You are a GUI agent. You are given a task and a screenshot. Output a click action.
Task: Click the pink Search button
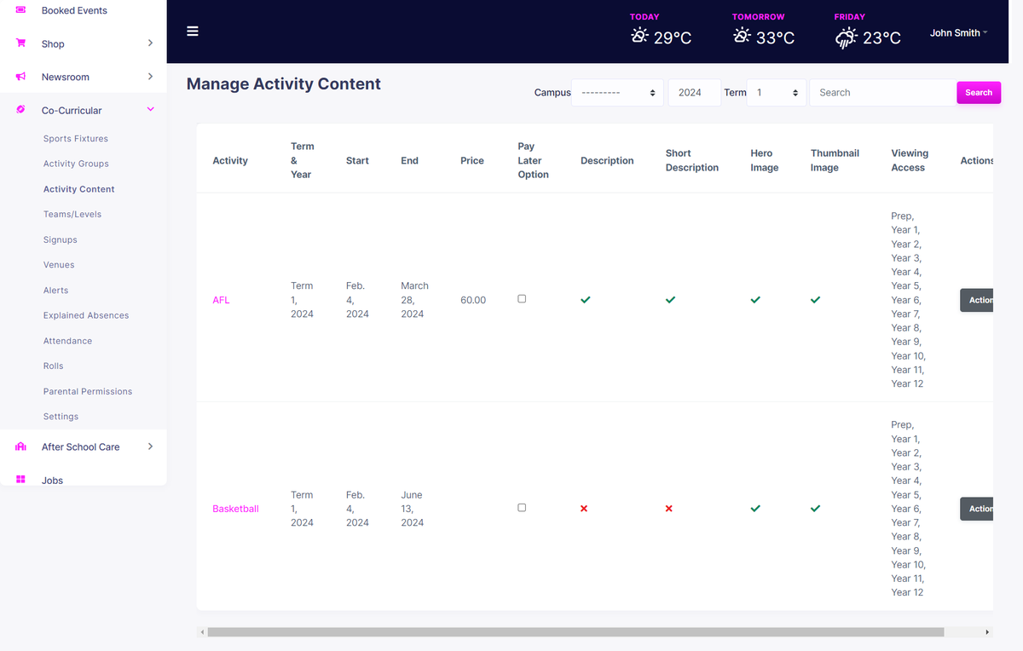978,93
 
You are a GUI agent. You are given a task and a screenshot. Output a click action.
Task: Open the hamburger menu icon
193,32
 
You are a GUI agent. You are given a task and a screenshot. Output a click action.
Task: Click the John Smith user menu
958,33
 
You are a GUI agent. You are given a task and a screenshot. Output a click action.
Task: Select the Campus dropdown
617,93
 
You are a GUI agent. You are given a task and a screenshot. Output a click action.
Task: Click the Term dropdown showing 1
776,93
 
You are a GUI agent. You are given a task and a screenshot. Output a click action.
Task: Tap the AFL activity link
221,300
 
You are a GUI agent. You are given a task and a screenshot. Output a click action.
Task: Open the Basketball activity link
235,509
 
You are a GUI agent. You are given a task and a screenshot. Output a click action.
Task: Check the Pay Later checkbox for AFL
522,299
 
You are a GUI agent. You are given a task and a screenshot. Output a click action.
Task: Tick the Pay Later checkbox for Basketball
522,508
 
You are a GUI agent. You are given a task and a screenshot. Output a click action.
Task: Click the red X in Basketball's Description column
584,509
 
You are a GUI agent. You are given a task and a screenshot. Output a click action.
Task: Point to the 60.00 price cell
473,300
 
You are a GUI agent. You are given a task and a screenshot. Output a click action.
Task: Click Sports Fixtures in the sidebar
76,139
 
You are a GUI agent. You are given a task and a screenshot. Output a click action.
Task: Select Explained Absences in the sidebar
86,315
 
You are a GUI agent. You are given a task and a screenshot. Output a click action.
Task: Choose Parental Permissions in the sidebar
88,391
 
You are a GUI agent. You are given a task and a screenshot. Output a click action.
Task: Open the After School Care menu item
81,446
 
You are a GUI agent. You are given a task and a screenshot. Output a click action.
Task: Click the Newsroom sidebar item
66,77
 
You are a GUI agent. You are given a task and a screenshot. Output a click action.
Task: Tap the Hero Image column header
764,160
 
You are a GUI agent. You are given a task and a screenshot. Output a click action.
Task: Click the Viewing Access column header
909,160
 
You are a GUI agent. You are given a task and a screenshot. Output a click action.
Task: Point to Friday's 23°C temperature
881,37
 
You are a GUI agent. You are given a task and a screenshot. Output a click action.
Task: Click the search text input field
882,93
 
